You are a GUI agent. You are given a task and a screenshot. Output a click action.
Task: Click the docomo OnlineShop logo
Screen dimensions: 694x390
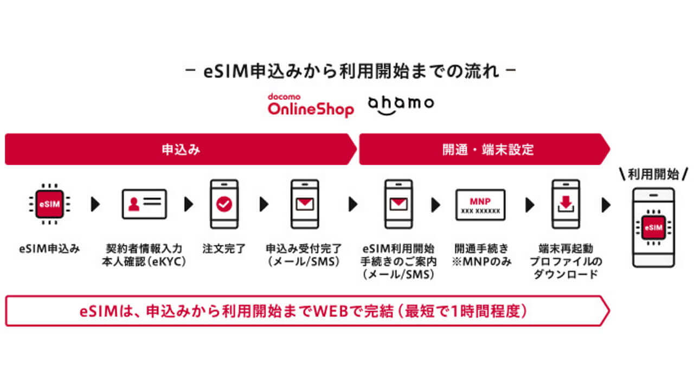click(311, 105)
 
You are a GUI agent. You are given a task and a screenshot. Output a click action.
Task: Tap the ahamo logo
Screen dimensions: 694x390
click(401, 104)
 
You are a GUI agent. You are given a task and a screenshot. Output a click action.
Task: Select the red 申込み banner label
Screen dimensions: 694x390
click(181, 149)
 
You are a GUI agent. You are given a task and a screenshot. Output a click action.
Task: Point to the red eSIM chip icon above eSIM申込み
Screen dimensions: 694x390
click(50, 204)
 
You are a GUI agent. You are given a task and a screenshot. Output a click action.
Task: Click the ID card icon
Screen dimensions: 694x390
click(144, 204)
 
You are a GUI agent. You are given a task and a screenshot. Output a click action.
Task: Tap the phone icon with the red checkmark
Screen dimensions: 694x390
click(223, 204)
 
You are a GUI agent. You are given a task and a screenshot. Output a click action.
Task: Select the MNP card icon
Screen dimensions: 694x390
click(480, 204)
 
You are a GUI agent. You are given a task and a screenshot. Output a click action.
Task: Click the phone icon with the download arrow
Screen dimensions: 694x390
click(565, 204)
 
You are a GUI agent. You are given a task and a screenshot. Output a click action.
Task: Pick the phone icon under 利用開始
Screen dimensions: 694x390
click(653, 227)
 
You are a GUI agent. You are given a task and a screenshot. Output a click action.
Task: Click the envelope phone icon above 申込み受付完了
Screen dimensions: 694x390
click(305, 204)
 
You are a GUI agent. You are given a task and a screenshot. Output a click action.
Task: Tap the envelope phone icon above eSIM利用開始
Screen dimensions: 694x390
click(399, 204)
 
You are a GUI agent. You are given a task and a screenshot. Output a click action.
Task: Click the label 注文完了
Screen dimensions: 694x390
click(224, 249)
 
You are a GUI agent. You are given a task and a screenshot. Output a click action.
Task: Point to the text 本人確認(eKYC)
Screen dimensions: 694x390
click(144, 262)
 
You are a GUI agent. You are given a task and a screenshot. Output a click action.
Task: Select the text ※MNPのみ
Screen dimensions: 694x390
click(481, 262)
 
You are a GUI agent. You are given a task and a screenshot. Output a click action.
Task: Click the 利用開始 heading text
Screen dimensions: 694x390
click(653, 174)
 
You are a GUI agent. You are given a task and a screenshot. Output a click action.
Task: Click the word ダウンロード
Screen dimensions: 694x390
click(565, 274)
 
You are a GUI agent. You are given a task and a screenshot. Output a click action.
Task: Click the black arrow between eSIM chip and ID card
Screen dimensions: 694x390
click(95, 204)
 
